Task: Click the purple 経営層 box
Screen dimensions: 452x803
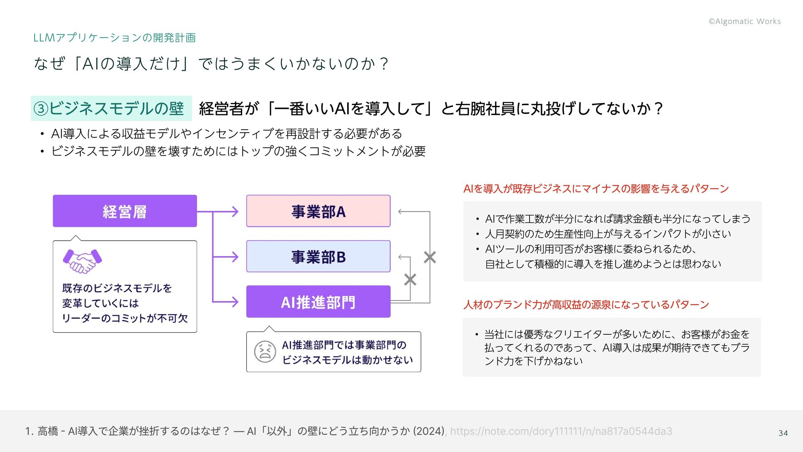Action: [x=125, y=211]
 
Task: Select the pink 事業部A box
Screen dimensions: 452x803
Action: [x=318, y=211]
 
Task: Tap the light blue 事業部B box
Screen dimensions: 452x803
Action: [x=318, y=256]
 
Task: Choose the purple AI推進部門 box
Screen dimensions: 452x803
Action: [x=318, y=301]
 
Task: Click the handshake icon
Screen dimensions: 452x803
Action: [x=82, y=261]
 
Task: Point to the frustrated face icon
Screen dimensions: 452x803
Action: [x=265, y=352]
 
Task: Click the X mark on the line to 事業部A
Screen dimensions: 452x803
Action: [x=430, y=257]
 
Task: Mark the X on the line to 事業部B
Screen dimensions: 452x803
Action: [x=410, y=279]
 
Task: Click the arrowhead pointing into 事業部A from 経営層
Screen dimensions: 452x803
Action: [x=235, y=211]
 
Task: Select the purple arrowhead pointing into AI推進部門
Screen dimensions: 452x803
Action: [x=235, y=301]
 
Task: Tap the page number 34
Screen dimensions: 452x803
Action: [x=783, y=433]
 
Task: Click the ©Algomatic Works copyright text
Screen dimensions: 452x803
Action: [x=744, y=21]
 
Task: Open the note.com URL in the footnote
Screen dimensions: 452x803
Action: [x=561, y=431]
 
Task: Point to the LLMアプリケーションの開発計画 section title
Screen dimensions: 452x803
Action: [x=114, y=38]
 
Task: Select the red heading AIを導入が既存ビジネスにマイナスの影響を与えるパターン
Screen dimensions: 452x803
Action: [x=596, y=189]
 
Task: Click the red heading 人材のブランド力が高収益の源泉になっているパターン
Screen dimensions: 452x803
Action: [x=586, y=304]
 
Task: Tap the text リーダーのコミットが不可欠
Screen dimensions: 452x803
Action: [x=125, y=318]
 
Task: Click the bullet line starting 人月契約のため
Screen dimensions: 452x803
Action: [x=608, y=234]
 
